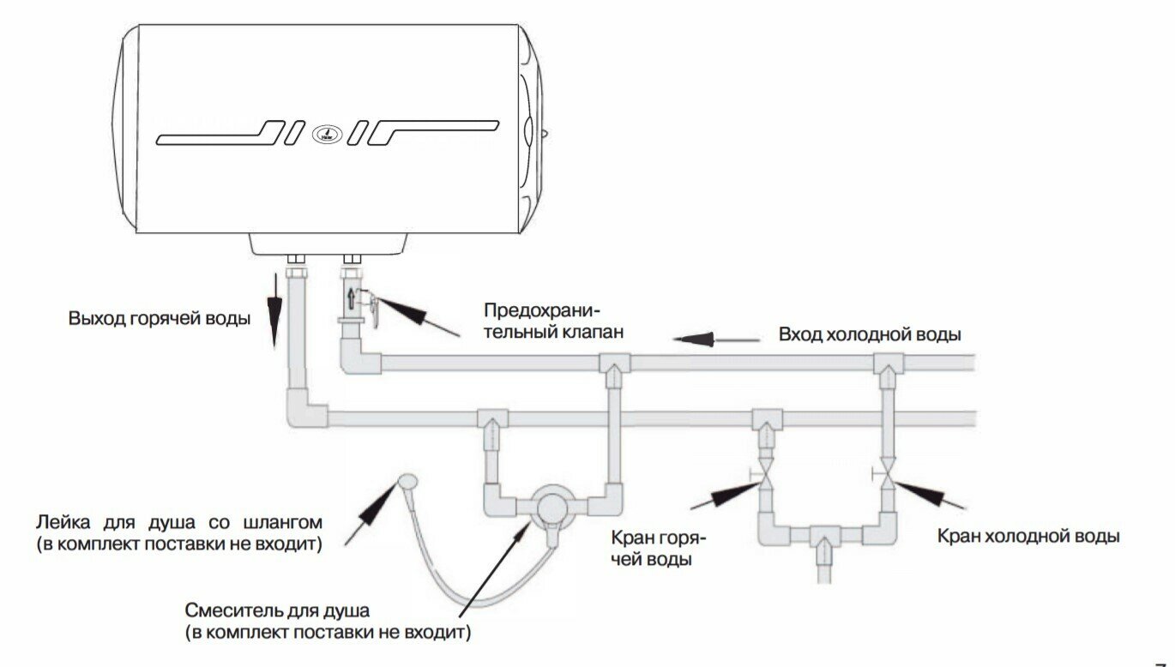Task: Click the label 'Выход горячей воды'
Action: [x=160, y=319]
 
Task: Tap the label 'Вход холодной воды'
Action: [x=869, y=334]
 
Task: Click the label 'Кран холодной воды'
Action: [x=1028, y=537]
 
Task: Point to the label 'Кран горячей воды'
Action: [x=658, y=549]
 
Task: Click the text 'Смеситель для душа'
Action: [x=277, y=612]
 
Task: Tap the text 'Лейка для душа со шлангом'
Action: [x=179, y=522]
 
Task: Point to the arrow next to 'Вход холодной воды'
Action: [x=716, y=340]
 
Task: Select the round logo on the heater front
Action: [x=326, y=135]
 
